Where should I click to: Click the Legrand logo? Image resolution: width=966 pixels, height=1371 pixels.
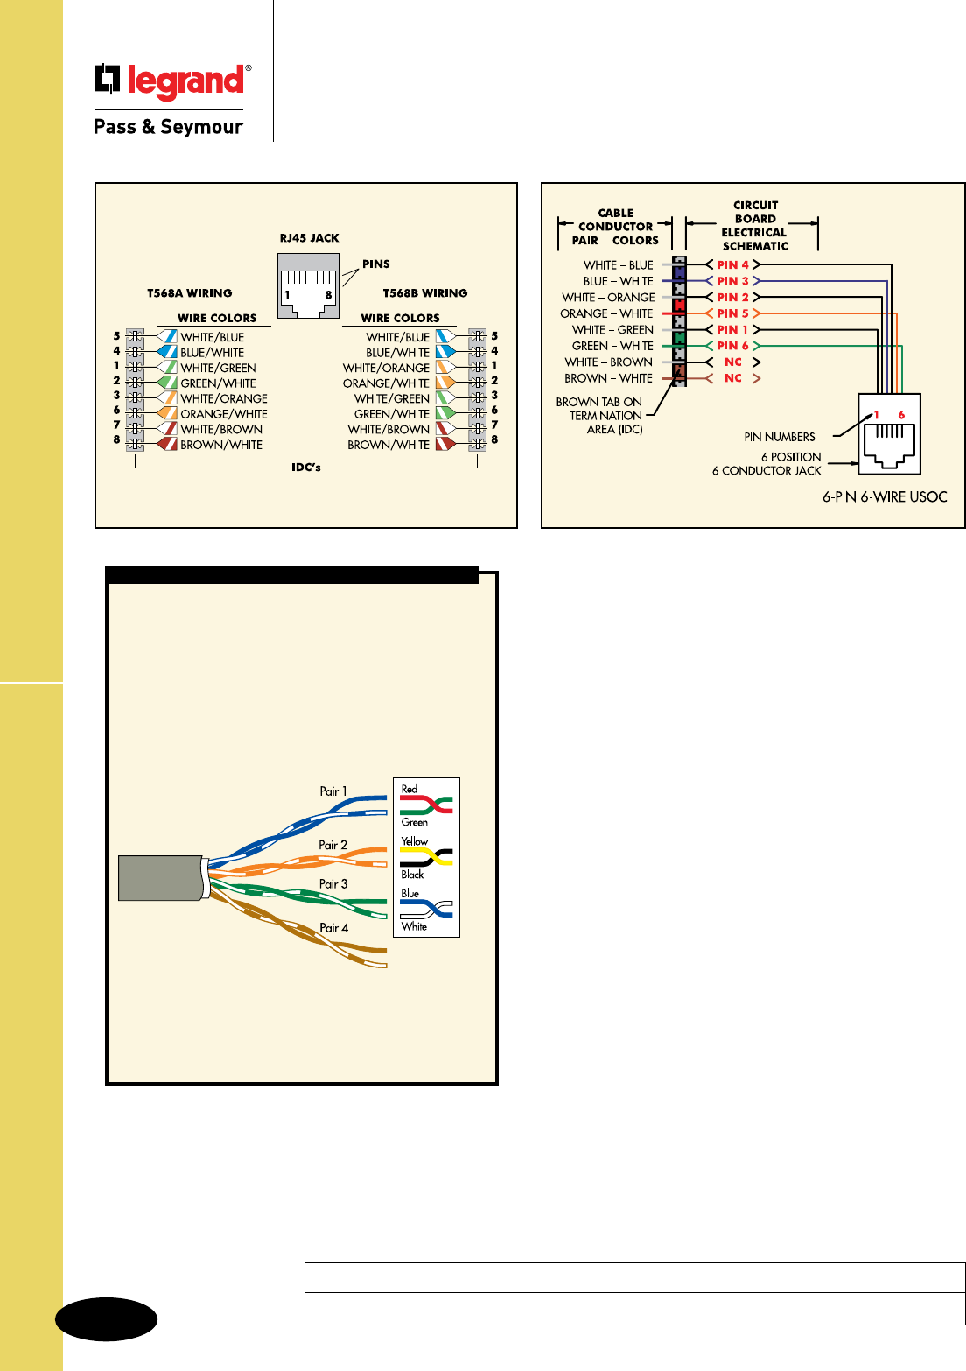coord(172,81)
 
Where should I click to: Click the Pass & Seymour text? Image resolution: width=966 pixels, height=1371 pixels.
coord(168,127)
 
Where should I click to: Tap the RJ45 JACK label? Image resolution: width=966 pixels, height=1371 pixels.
coord(309,238)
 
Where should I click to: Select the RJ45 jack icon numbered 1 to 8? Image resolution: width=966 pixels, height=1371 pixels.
coord(308,285)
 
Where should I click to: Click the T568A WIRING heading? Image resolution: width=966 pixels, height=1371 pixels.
coord(190,293)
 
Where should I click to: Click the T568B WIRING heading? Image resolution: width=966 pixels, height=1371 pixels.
coord(425,293)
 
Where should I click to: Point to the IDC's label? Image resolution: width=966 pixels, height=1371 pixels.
coord(306,468)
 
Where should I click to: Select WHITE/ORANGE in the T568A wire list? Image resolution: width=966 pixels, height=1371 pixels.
coord(224,399)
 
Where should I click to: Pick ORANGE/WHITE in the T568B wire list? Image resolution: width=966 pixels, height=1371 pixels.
coord(386,383)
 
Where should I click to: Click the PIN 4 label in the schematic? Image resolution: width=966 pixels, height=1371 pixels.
coord(732,265)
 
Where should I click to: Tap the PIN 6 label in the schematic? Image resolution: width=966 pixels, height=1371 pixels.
coord(732,346)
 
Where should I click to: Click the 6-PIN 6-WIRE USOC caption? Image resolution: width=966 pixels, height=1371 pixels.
coord(885,497)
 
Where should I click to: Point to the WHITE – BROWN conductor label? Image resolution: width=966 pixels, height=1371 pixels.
coord(608,362)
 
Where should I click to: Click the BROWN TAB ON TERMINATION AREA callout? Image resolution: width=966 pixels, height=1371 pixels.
coord(600,416)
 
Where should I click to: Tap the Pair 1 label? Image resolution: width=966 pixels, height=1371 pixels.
coord(332,791)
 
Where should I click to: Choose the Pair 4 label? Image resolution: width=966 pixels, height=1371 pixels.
coord(333,928)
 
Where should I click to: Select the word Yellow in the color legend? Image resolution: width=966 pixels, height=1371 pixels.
coord(415,841)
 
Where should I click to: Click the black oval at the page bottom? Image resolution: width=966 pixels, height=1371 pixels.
coord(107,1319)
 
